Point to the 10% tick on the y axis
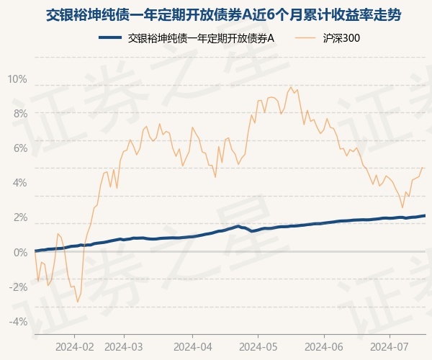coord(17,78)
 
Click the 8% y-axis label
coord(19,113)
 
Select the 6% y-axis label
coord(19,148)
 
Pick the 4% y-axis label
coord(19,182)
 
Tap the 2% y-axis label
coord(19,217)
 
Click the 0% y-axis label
coord(19,252)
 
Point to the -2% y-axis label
coord(18,287)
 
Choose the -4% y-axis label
coord(18,321)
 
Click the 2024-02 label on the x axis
coord(74,346)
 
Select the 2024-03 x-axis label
coord(124,346)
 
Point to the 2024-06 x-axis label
coord(324,346)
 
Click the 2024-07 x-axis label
coord(390,346)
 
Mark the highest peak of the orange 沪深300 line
coord(291,87)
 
